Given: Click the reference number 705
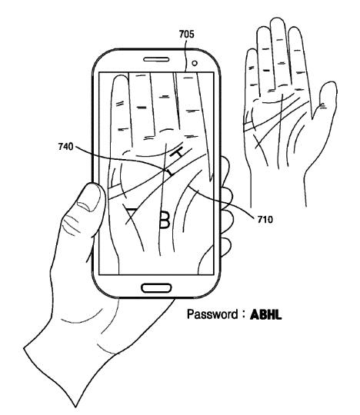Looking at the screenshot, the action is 186,34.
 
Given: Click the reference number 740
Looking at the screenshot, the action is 65,146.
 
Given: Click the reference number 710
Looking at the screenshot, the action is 265,219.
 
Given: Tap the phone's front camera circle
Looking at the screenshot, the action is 195,63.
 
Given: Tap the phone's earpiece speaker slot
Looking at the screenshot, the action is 156,59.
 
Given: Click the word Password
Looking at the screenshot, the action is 212,314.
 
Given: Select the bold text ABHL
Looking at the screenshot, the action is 265,314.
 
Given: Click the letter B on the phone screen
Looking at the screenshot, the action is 165,219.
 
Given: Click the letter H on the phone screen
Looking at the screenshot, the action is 176,153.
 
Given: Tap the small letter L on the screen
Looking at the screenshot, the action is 169,172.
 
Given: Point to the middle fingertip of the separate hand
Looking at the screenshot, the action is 277,22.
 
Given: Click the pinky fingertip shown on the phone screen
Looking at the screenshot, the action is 120,78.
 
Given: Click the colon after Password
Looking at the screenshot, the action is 243,315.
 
